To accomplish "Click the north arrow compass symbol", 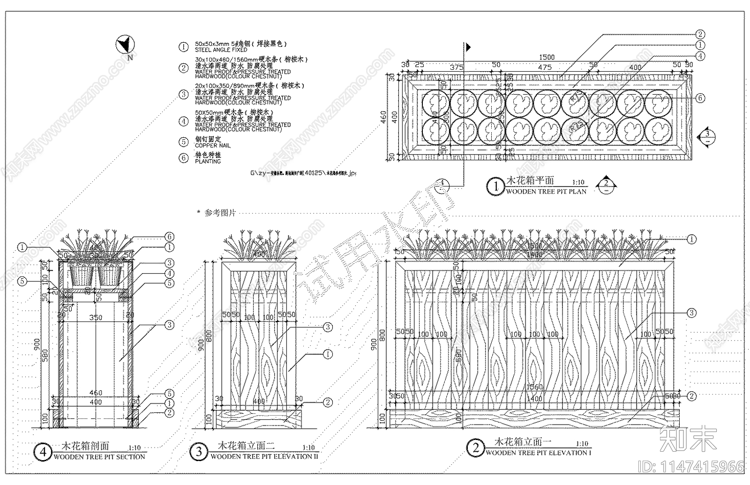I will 125,45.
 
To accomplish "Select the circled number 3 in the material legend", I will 183,94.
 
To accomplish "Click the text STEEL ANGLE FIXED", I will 221,50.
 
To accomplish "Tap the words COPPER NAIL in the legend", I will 212,146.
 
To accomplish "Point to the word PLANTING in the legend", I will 208,161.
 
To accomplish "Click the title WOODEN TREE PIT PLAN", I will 546,192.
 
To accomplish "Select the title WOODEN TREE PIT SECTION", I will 99,457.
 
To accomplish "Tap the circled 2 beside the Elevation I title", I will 475,448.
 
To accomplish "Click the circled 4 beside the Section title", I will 43,452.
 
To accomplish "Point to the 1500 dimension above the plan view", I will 547,57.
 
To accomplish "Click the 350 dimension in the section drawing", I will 96,318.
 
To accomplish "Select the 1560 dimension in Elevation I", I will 535,387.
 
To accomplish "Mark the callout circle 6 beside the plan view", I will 700,98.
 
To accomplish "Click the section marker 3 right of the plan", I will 706,137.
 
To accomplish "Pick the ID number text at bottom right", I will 691,467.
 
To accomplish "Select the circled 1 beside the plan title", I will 496,187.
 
